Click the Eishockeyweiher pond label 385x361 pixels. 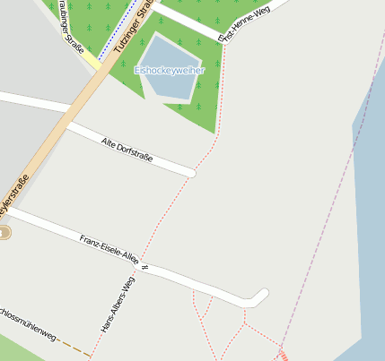tap(170, 70)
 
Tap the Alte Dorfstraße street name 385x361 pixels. tap(127, 150)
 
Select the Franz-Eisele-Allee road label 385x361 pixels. tap(108, 251)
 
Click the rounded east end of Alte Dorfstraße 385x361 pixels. tap(190, 172)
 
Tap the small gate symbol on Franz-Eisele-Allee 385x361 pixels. tap(144, 267)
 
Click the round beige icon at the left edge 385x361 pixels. tap(4, 233)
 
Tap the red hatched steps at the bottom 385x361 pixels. tap(284, 356)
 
